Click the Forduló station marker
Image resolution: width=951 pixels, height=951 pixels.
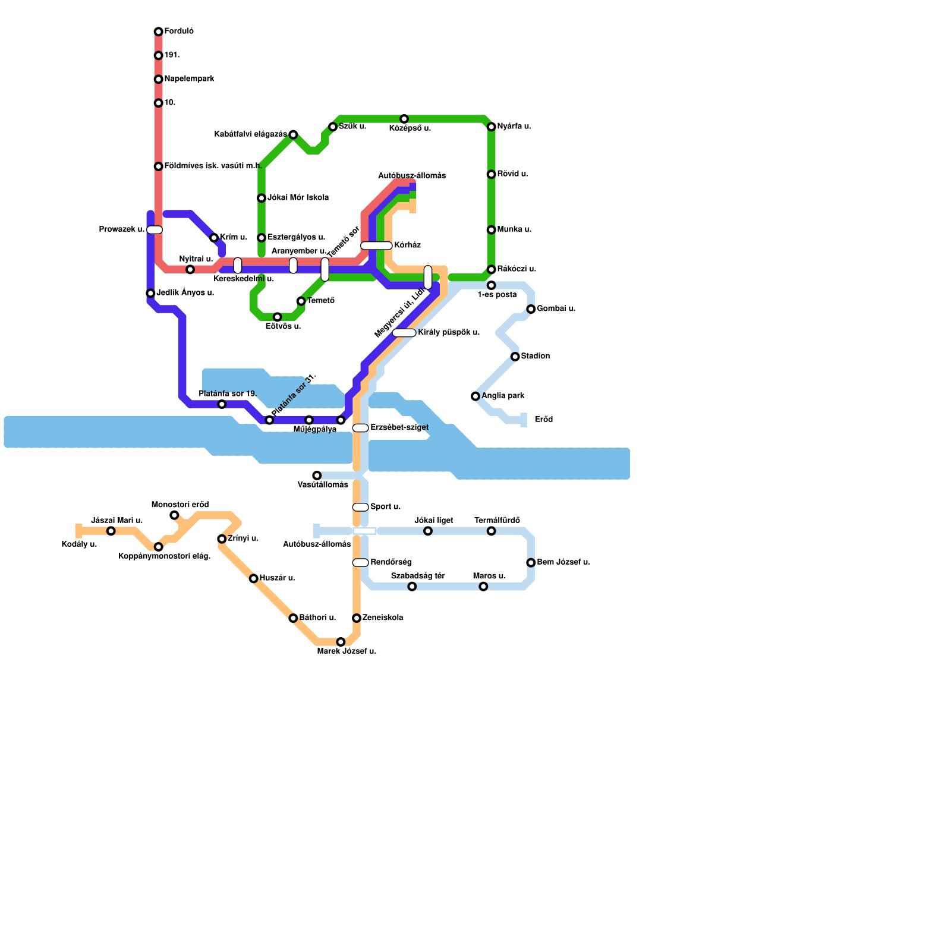158,32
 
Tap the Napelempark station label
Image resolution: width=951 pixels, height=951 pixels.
189,79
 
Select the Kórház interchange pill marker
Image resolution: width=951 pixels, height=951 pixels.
376,245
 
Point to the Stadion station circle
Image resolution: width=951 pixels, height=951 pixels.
515,357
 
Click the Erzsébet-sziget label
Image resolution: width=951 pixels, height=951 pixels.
399,428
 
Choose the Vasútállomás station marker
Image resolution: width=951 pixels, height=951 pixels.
317,475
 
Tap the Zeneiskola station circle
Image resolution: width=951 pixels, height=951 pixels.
357,618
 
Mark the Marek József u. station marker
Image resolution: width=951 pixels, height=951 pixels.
341,642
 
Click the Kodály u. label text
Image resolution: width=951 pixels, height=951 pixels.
79,544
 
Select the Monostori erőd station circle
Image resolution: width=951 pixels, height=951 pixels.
174,515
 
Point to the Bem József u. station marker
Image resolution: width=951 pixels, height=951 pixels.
531,563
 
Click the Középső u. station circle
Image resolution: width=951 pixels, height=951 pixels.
404,119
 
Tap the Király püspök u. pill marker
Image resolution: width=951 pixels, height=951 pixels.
404,333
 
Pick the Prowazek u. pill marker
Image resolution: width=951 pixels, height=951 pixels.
155,230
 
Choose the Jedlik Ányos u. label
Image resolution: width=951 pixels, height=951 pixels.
185,293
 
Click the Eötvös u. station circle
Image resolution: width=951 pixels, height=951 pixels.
278,317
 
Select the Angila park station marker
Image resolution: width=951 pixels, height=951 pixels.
475,396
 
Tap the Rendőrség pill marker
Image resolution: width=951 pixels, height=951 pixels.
360,563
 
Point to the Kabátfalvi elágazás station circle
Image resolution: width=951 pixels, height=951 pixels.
293,135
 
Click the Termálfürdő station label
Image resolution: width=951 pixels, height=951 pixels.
497,521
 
